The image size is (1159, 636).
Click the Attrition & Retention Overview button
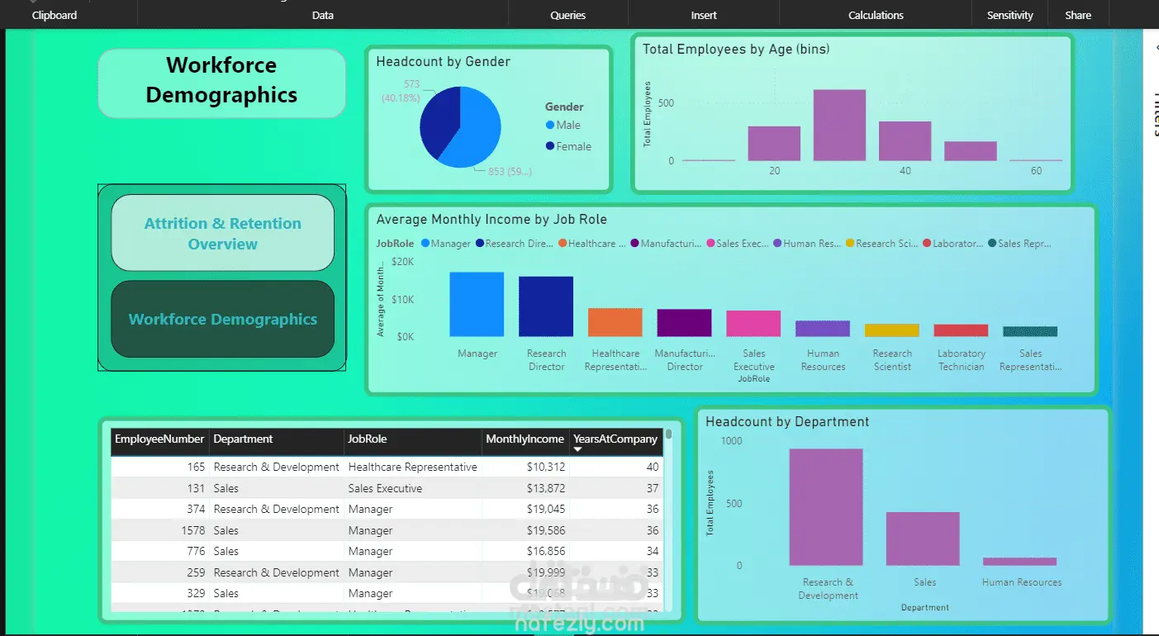point(222,233)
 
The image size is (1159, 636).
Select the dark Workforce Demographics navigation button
point(222,319)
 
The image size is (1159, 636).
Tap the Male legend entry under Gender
point(568,125)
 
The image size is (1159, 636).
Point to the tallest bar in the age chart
point(839,126)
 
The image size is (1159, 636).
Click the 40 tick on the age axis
point(905,171)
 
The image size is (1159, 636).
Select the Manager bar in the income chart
point(477,304)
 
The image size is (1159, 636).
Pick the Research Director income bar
point(546,306)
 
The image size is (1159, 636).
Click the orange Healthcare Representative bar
point(615,322)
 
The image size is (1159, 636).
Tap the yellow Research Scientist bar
point(892,330)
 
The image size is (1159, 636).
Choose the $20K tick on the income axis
point(403,262)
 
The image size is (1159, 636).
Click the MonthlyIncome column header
point(525,439)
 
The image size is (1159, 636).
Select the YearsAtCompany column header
point(615,439)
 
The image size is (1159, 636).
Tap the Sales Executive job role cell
point(385,488)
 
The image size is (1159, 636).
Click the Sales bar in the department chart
point(923,539)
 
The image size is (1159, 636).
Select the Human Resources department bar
point(1019,562)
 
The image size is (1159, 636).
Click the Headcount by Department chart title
point(787,421)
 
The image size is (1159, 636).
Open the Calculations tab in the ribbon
point(876,15)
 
